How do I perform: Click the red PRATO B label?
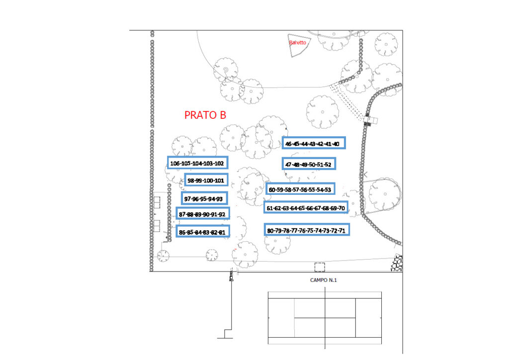[x=205, y=115]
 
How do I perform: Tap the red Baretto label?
[x=297, y=43]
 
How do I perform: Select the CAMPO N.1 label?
[x=323, y=280]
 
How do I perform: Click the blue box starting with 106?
[x=197, y=163]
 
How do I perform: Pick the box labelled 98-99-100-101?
[x=206, y=180]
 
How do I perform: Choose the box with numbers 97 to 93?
[x=204, y=198]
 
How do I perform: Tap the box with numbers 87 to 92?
[x=203, y=214]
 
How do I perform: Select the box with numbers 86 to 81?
[x=203, y=232]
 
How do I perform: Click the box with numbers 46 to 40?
[x=313, y=143]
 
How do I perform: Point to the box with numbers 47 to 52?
[x=308, y=164]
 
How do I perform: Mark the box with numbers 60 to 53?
[x=300, y=189]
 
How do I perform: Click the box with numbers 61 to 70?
[x=306, y=207]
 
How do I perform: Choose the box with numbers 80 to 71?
[x=306, y=230]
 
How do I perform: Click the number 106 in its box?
[x=174, y=163]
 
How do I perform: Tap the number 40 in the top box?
[x=336, y=144]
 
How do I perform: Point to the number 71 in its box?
[x=342, y=231]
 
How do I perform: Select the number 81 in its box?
[x=222, y=232]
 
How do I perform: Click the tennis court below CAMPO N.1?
[x=325, y=318]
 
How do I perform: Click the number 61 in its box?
[x=270, y=208]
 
